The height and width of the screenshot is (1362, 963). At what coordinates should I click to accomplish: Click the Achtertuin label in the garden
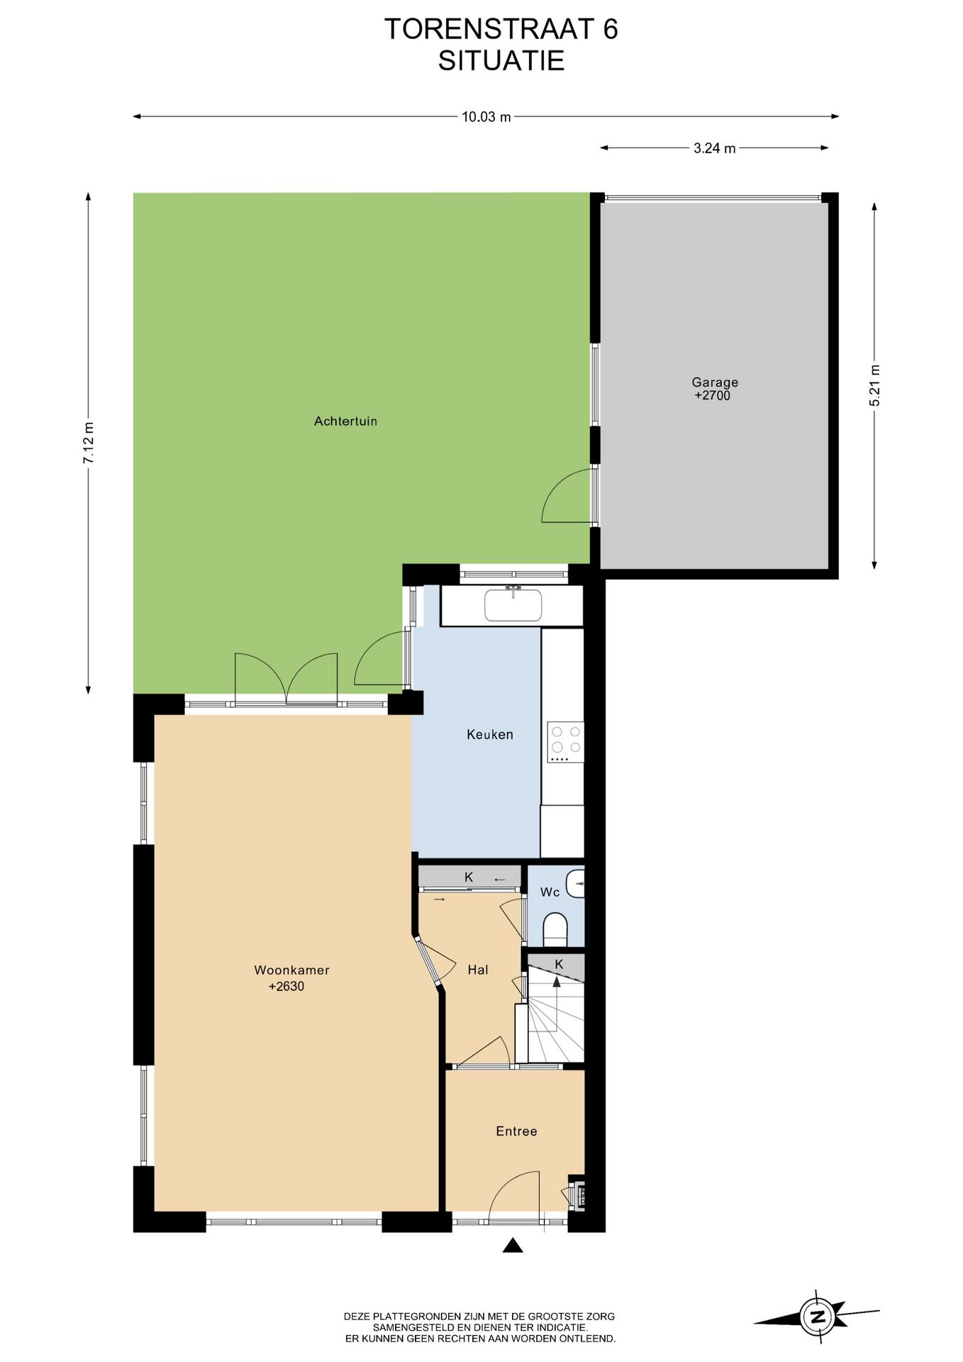click(x=345, y=421)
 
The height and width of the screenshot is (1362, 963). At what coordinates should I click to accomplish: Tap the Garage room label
click(x=715, y=382)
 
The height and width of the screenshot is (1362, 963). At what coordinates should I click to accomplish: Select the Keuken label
click(x=490, y=734)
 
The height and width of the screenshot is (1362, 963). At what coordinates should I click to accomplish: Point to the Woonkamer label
click(x=291, y=970)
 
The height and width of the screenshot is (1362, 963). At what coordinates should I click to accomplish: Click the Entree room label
click(x=516, y=1131)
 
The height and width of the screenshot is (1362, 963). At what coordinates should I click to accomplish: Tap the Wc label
click(x=550, y=892)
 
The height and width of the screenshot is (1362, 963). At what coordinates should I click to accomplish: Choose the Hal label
click(x=478, y=970)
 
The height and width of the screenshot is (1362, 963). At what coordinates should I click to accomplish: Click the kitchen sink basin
click(x=513, y=605)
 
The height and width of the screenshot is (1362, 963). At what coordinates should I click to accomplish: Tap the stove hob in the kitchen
click(x=565, y=742)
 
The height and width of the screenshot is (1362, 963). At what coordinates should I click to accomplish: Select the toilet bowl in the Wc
click(x=555, y=929)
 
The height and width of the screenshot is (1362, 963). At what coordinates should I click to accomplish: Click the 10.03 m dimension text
click(x=486, y=117)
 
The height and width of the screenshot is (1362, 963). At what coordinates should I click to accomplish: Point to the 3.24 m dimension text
click(x=715, y=148)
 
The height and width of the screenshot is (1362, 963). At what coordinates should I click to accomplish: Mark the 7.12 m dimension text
click(x=89, y=443)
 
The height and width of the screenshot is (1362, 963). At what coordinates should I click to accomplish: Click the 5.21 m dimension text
click(x=874, y=385)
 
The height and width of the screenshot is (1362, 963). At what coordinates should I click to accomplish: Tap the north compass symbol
click(x=817, y=1317)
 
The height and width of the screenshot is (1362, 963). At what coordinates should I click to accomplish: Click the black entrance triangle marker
click(x=513, y=1245)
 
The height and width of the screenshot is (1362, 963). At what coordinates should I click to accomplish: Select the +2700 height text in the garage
click(x=712, y=396)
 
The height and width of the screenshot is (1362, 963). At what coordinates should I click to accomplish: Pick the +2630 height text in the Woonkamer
click(x=286, y=986)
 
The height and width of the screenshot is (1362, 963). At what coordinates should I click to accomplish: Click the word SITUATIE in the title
click(x=501, y=61)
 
